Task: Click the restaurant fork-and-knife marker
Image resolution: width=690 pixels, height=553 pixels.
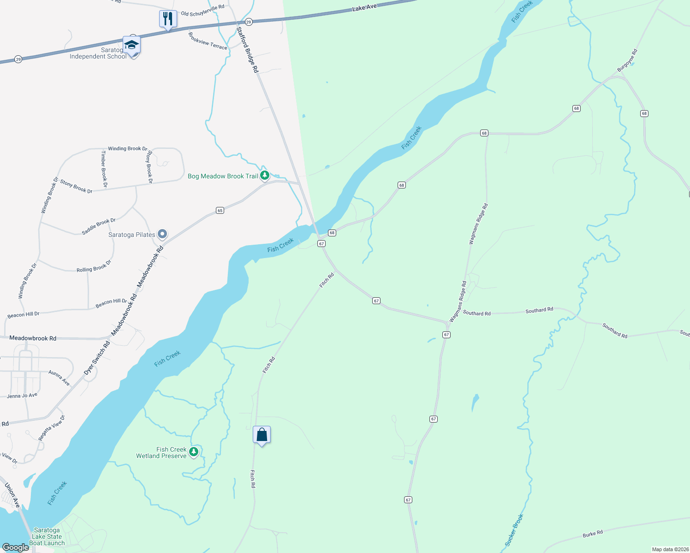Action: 168,19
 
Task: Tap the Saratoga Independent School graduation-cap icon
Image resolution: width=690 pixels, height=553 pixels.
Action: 131,45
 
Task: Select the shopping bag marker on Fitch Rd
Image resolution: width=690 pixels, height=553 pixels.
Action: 262,435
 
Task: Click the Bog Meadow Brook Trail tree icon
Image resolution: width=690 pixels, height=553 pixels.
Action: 264,175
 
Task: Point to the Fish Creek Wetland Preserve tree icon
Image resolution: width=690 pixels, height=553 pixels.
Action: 194,452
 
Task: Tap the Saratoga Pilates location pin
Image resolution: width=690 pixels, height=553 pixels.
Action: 162,235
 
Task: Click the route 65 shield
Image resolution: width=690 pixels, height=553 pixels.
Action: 220,211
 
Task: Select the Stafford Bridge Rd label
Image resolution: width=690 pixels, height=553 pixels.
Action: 247,50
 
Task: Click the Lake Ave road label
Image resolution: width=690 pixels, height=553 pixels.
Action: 364,7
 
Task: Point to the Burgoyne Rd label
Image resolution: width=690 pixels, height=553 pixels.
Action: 627,60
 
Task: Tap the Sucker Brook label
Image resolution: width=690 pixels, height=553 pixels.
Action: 514,530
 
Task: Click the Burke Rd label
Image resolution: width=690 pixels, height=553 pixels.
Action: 593,534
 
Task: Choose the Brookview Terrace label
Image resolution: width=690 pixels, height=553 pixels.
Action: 208,41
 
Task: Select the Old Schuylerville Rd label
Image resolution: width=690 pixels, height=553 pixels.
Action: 202,10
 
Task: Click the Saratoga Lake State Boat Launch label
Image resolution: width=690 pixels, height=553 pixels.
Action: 47,536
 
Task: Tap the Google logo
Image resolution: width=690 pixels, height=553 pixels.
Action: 16,547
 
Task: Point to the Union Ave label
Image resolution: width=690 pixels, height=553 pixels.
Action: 12,495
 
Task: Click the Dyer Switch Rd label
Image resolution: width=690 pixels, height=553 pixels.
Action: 97,358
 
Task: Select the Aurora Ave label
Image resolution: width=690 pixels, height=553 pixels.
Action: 59,378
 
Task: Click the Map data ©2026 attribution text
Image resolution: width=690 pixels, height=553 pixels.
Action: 669,549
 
